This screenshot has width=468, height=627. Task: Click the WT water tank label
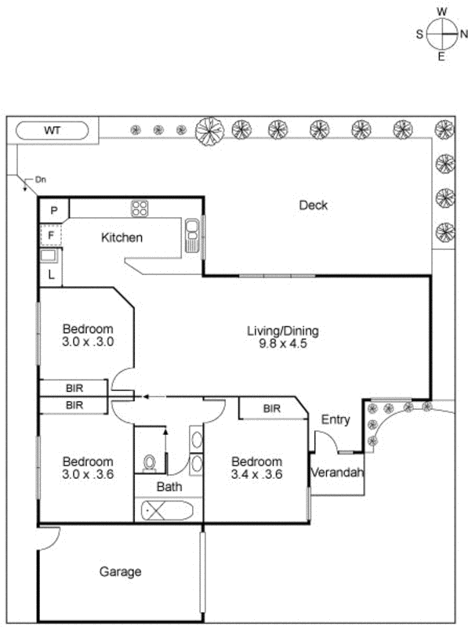point(53,129)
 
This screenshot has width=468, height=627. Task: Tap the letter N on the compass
point(463,34)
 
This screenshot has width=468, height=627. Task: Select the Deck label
point(313,205)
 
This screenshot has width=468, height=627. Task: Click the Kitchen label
point(122,237)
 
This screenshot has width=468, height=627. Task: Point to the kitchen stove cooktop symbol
point(140,208)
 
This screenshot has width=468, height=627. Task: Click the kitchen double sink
point(192,236)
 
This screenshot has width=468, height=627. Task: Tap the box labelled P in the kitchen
point(53,210)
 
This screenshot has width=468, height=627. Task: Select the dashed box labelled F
point(52,234)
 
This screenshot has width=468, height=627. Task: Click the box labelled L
point(51,274)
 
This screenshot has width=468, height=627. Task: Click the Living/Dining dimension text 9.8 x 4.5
point(283,342)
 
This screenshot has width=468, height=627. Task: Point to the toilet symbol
point(149,463)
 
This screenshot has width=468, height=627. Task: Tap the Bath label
point(169,487)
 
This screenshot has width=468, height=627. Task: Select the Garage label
point(120,571)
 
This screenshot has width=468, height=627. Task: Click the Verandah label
point(337,473)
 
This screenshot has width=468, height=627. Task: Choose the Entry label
point(336,420)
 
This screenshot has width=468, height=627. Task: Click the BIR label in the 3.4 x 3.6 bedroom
point(271,408)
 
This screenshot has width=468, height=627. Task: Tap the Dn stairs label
point(41,179)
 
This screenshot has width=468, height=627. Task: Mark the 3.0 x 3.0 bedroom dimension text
point(88,341)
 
